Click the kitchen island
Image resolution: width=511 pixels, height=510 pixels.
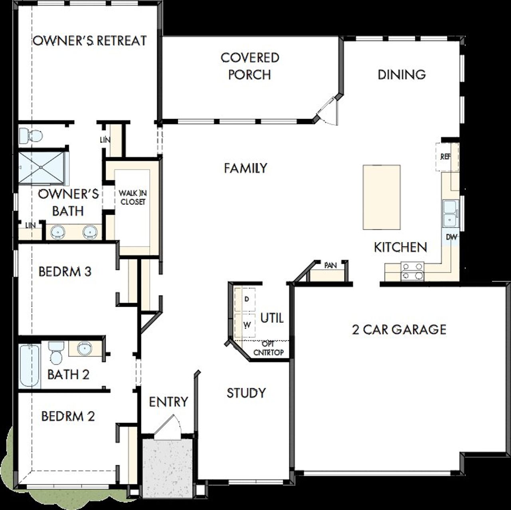pyautogui.click(x=381, y=197)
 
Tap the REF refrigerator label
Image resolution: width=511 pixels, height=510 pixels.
pyautogui.click(x=445, y=157)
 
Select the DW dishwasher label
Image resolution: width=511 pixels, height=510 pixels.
pyautogui.click(x=451, y=237)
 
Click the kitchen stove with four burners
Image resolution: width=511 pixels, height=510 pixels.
pyautogui.click(x=412, y=270)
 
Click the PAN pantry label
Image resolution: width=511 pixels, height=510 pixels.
pyautogui.click(x=330, y=265)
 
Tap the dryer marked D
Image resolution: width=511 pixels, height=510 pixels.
pyautogui.click(x=247, y=299)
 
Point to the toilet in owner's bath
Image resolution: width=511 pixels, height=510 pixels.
pyautogui.click(x=30, y=135)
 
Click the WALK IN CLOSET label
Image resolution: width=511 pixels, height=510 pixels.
pyautogui.click(x=133, y=197)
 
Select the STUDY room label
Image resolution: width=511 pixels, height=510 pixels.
pyautogui.click(x=246, y=393)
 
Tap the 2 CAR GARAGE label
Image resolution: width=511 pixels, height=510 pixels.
pyautogui.click(x=399, y=329)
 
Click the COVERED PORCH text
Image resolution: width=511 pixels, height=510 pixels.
pyautogui.click(x=250, y=66)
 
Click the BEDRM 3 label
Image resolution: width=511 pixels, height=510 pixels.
pyautogui.click(x=65, y=272)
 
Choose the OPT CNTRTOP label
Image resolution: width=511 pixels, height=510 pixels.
pyautogui.click(x=268, y=348)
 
